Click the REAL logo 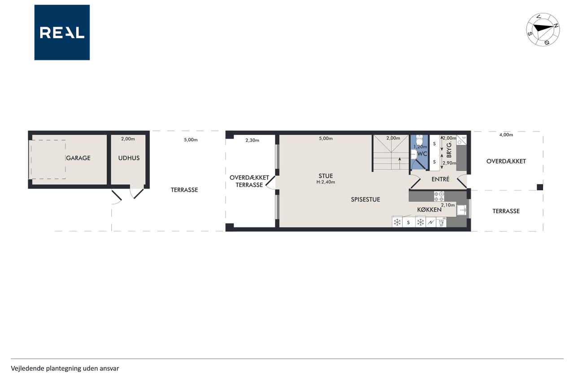62,33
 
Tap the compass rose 543,30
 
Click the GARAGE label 78,158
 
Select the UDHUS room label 129,158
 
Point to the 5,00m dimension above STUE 326,138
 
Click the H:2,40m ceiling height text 326,182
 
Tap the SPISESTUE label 365,200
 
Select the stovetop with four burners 439,196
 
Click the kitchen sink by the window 462,210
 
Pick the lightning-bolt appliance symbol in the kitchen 431,222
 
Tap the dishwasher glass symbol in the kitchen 441,222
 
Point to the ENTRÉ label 440,180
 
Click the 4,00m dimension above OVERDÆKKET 506,135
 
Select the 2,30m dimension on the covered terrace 252,140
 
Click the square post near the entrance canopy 540,187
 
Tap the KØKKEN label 429,210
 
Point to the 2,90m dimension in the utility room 449,163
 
